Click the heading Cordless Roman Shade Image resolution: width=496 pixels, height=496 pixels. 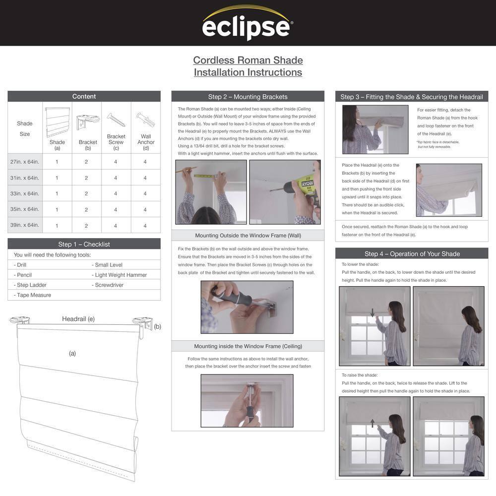pos(248,61)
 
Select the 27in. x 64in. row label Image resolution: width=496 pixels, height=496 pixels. pos(25,162)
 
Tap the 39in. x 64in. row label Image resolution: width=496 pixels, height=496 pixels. pos(25,225)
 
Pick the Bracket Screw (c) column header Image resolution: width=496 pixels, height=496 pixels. pos(116,142)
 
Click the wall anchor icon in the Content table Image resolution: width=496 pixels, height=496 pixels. pos(145,120)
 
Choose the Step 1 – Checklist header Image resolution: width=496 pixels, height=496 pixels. pos(84,244)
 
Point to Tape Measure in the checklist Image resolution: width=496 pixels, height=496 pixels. pos(34,295)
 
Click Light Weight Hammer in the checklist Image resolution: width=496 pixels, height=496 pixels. pos(121,275)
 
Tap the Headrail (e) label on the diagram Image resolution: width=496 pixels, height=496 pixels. pos(78,319)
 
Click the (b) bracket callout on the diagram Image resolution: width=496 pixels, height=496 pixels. pos(157,326)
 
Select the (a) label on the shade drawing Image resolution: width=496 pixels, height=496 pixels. pos(72,353)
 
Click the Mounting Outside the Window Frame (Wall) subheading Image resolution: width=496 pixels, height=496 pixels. pos(248,236)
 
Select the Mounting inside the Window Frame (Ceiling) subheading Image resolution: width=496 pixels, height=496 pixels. pos(248,346)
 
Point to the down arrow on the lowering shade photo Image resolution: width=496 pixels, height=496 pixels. pos(372,312)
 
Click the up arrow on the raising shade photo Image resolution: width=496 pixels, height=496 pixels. pos(372,423)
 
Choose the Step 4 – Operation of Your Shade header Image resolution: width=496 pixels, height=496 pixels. pos(412,254)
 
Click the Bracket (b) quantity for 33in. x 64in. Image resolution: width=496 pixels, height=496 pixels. pos(86,193)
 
